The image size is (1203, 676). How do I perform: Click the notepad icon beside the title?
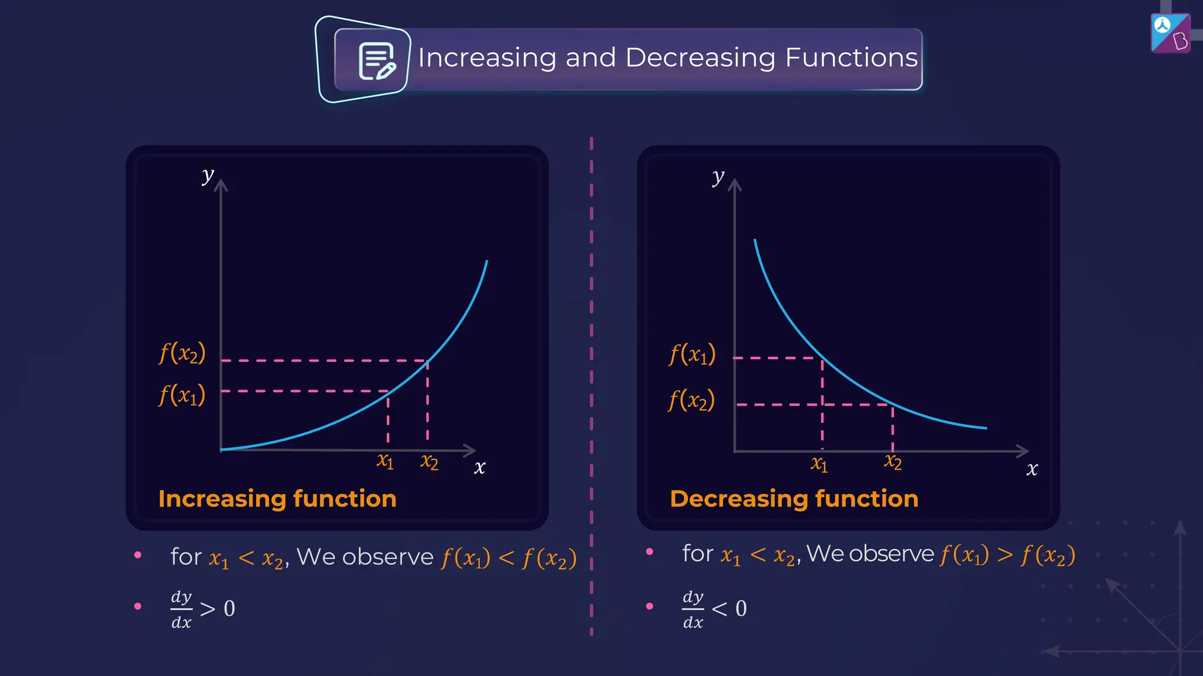[x=377, y=60]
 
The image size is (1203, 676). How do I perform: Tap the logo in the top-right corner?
[x=1170, y=33]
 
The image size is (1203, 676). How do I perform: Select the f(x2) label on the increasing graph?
[x=182, y=353]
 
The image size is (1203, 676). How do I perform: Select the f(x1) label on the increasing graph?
[x=182, y=395]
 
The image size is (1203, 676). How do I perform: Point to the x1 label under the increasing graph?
[x=385, y=461]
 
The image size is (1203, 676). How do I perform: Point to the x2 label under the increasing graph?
[x=429, y=462]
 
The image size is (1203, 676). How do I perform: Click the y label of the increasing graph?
[x=207, y=175]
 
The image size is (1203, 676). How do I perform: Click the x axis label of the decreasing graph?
[x=1031, y=469]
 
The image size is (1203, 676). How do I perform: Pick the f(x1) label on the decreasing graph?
[x=692, y=354]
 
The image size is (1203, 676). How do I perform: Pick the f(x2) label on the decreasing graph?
[x=691, y=401]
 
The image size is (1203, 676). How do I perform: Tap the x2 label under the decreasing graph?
[x=893, y=462]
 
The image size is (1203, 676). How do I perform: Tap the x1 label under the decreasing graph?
[x=819, y=464]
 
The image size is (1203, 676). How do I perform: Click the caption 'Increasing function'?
[x=277, y=499]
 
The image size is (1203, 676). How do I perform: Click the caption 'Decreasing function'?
[x=794, y=499]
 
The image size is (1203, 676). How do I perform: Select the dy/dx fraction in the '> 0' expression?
[x=182, y=609]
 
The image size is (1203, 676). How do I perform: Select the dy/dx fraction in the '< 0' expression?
[x=693, y=609]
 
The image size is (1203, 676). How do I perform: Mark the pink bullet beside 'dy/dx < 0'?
[x=650, y=606]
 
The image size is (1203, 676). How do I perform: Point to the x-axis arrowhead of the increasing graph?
[x=470, y=450]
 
